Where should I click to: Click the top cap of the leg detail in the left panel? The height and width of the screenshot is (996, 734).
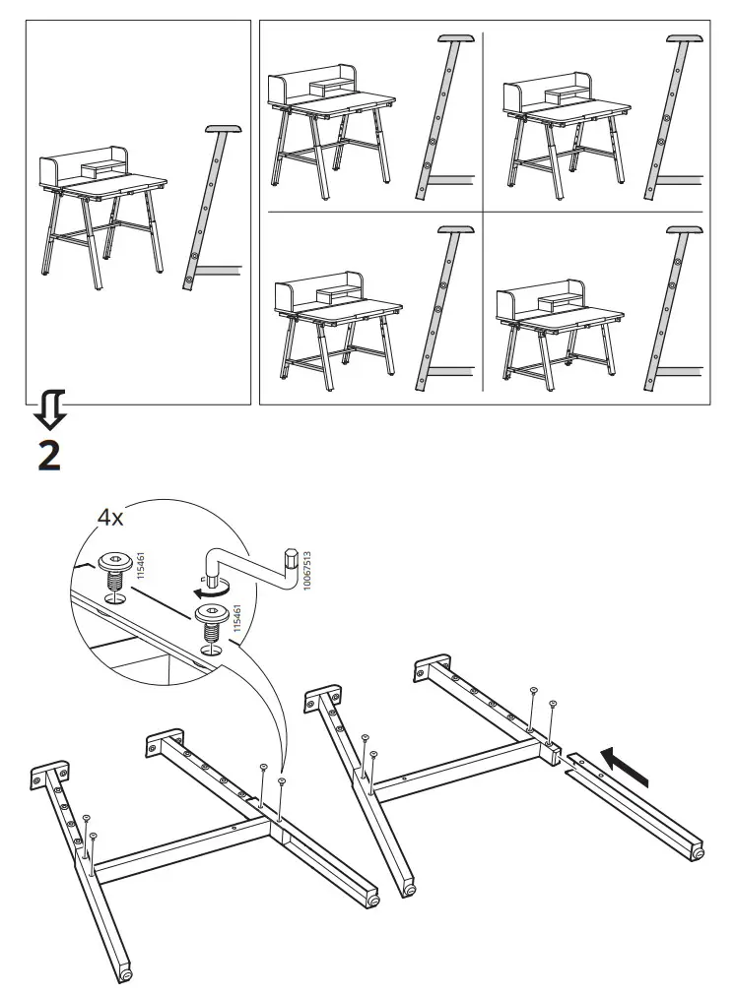pos(224,128)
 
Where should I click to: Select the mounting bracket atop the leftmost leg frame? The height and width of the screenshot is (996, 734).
pos(49,775)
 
